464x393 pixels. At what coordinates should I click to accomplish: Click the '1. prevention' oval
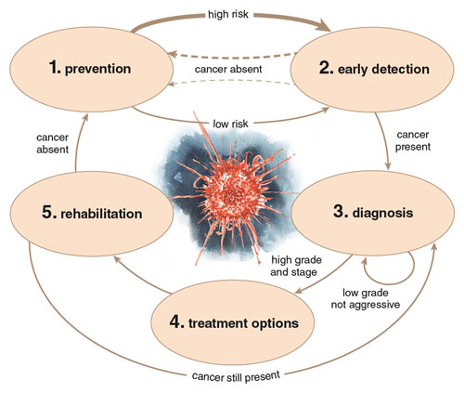[92, 70]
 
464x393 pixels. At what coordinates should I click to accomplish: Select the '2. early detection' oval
[372, 70]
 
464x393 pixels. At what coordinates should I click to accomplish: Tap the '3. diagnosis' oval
[373, 213]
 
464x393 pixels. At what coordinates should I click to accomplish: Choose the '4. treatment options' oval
[233, 322]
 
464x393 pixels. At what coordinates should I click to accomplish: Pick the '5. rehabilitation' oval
[92, 214]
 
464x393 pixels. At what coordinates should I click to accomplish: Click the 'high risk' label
[228, 14]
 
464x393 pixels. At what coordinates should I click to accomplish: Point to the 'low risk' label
[230, 124]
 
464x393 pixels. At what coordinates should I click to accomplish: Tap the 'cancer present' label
[413, 140]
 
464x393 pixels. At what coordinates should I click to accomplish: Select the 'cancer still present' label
[236, 376]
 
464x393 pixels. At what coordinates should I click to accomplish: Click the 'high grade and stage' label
[296, 266]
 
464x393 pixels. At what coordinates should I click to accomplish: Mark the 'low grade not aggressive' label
[366, 298]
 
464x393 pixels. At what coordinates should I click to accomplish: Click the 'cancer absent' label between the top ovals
[228, 69]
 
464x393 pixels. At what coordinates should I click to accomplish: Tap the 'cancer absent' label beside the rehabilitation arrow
[52, 143]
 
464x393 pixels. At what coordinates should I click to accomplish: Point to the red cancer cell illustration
[230, 193]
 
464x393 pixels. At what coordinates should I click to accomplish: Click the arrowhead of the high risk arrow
[325, 25]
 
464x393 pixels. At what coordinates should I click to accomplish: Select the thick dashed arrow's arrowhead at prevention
[173, 55]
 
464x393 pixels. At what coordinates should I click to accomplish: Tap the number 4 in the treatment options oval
[177, 322]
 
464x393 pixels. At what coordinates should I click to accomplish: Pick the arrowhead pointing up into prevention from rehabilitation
[85, 118]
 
